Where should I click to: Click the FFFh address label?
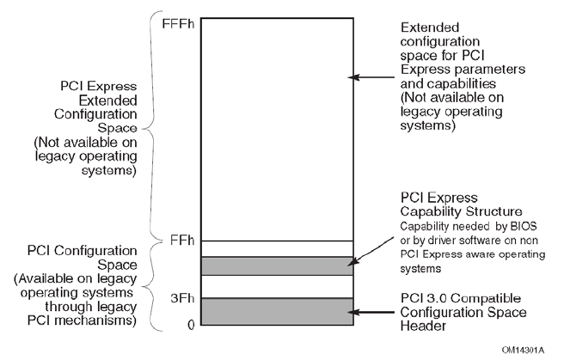click(178, 23)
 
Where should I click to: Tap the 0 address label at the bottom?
click(191, 324)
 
